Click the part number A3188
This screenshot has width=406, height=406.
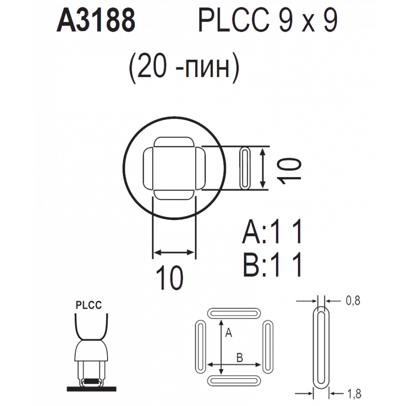96,20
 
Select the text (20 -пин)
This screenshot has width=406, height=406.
184,67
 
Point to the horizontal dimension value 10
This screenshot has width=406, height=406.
170,278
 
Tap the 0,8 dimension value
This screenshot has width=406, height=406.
353,300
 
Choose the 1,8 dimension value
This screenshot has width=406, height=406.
354,394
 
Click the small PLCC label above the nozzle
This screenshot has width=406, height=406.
89,305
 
